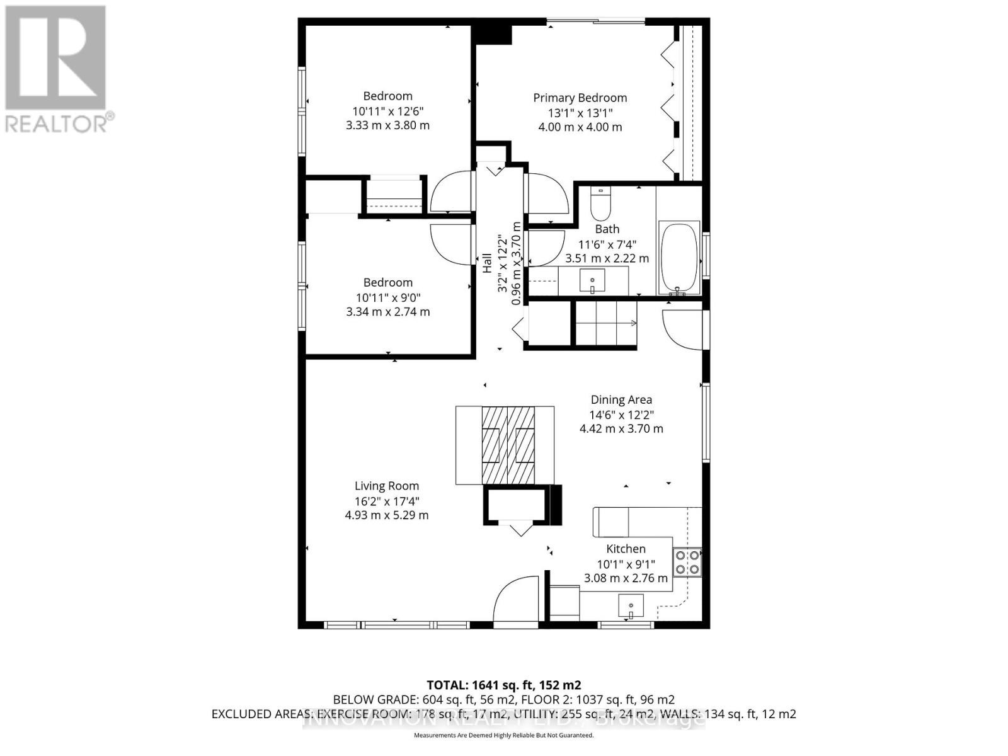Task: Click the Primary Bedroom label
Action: [x=580, y=98]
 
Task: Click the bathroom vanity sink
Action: [x=592, y=280]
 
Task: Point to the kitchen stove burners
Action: [x=687, y=562]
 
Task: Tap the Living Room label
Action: [x=386, y=486]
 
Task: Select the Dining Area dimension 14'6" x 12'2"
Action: [x=621, y=415]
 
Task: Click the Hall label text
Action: [x=487, y=263]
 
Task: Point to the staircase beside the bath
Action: [x=605, y=323]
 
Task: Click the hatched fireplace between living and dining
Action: [x=508, y=445]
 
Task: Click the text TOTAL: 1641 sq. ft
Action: [x=503, y=685]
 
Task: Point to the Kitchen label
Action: [x=626, y=549]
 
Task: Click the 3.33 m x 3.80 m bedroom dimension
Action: [x=387, y=125]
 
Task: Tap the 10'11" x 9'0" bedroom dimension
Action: [x=387, y=297]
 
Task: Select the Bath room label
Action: [x=607, y=229]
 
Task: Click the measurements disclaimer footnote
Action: [x=503, y=735]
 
